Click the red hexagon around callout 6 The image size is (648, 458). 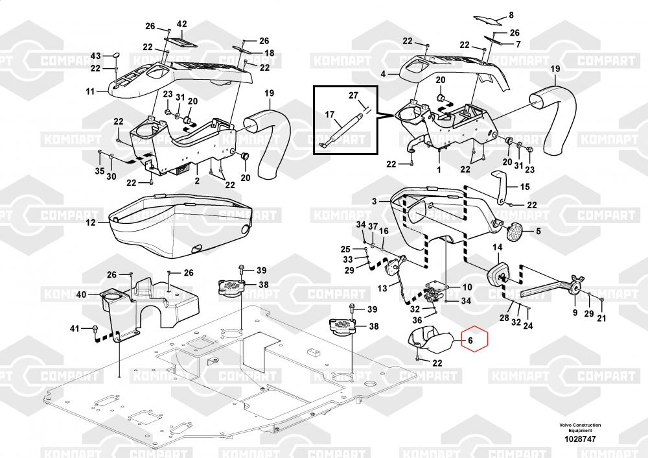coord(472,339)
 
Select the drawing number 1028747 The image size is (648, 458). coord(579,438)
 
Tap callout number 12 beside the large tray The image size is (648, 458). coord(91,223)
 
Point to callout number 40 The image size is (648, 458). coord(81,295)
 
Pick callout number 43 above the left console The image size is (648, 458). coord(95,55)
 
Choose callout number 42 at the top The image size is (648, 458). coord(181,25)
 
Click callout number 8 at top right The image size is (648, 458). coord(511,15)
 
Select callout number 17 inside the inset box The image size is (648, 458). coord(329,115)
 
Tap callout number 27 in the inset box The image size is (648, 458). coord(353,95)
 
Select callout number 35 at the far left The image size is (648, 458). coord(99,171)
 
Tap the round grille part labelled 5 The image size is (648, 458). coord(515,232)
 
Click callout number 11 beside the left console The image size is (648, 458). coord(90,92)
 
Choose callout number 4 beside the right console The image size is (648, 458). coord(383,75)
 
